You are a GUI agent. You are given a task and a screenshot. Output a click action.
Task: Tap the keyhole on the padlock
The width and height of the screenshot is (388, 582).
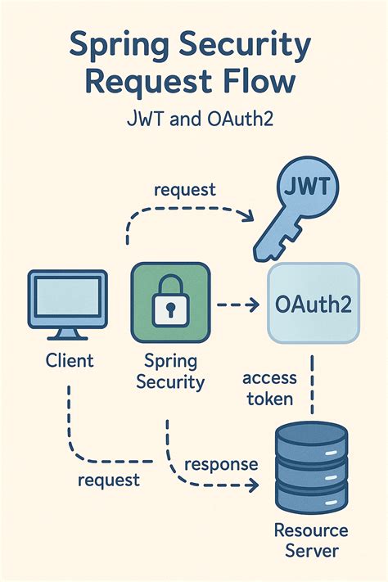169,309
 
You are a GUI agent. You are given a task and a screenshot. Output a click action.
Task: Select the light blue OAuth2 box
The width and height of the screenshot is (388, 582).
314,304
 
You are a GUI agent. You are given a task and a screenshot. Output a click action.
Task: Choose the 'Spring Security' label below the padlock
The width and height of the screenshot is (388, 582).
169,371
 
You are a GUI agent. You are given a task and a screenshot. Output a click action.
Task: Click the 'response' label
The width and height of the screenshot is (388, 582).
221,464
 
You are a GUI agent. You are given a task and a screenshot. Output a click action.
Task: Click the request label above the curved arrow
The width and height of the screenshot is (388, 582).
185,189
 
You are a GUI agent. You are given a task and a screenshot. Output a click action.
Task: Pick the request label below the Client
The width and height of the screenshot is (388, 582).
108,480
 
